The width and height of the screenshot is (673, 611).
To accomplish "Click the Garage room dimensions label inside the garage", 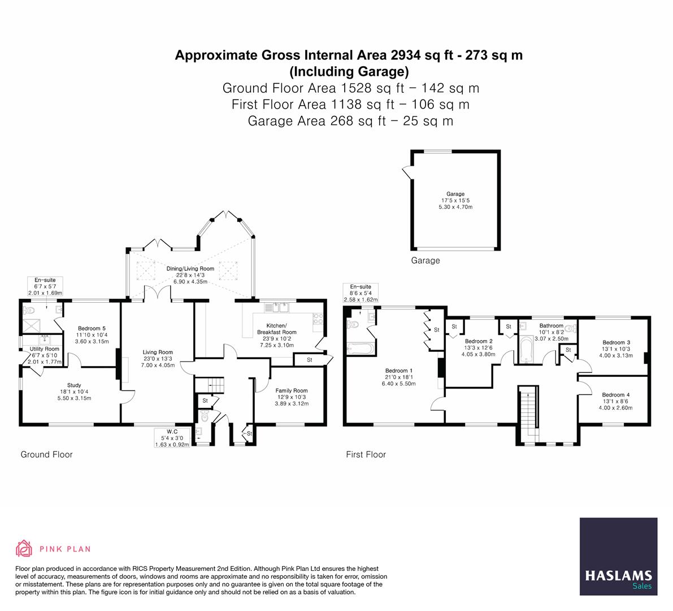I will [455, 200].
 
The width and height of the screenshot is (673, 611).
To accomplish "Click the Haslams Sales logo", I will [618, 556].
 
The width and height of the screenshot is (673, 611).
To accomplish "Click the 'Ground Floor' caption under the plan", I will [47, 454].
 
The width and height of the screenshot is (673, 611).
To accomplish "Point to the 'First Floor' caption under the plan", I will [366, 454].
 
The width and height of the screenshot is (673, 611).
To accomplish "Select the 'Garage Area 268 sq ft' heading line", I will [350, 121].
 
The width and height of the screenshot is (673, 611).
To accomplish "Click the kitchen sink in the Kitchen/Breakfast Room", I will [276, 308].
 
